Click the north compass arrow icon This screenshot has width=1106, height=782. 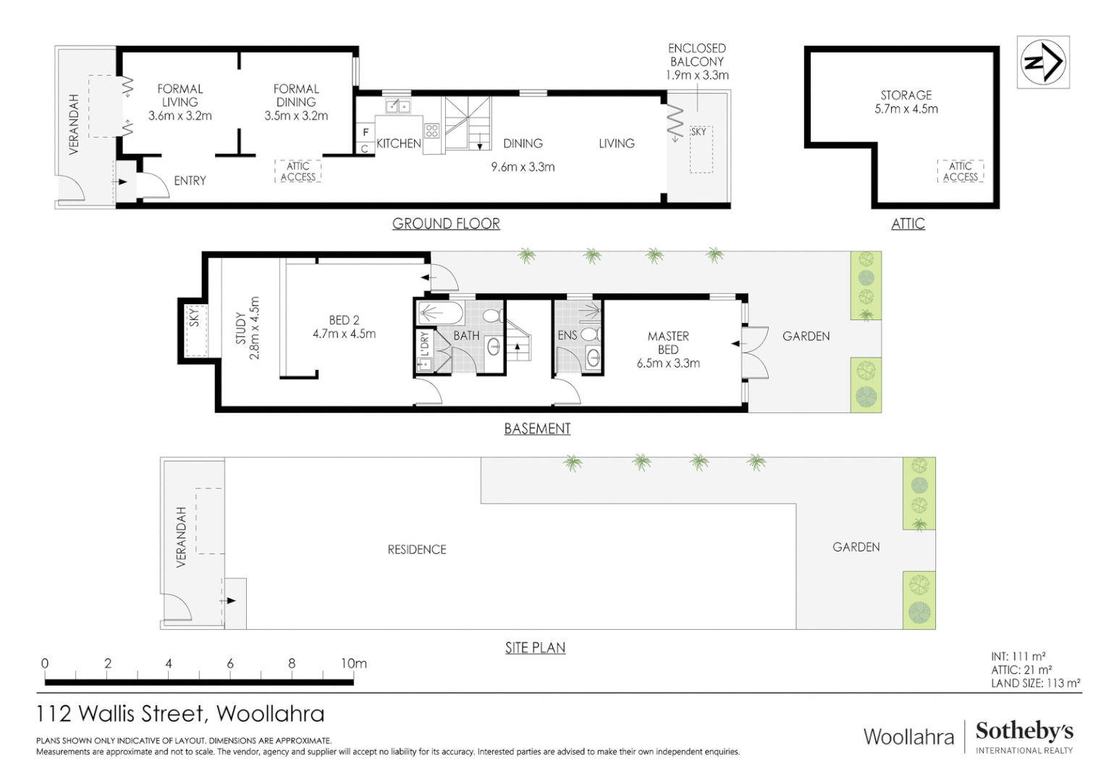(1043, 62)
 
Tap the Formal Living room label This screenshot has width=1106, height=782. (180, 95)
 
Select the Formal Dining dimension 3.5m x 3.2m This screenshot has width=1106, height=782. (296, 116)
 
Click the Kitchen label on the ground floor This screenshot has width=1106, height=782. (398, 143)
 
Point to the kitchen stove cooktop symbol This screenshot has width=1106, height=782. (432, 131)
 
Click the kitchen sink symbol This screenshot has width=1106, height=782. (397, 107)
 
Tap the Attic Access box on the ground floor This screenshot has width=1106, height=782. (298, 172)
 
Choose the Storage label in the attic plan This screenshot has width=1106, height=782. (906, 95)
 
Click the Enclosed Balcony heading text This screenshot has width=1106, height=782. (696, 55)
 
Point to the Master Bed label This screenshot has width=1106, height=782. (668, 342)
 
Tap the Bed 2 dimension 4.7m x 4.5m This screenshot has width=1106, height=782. (344, 334)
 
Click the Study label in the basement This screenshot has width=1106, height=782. (240, 328)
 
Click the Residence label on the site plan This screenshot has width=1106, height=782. (417, 550)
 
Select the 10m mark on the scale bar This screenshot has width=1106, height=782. (354, 663)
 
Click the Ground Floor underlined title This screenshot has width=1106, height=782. (446, 224)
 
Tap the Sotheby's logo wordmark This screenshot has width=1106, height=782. (1024, 731)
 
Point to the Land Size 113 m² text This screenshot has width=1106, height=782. (1035, 683)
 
